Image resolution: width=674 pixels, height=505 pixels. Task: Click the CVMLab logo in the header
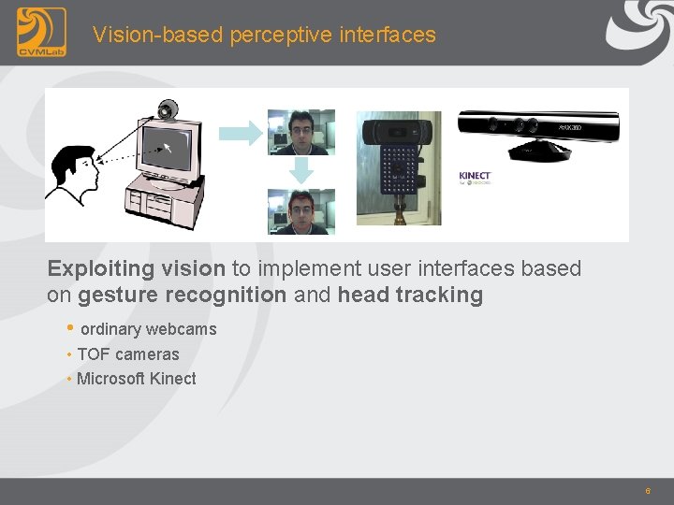[41, 32]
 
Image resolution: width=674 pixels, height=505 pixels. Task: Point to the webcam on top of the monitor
[168, 109]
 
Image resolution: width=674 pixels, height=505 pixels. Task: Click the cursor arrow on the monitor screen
[168, 147]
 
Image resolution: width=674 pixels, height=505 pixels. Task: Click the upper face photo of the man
[300, 132]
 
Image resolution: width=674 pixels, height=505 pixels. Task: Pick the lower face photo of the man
[300, 210]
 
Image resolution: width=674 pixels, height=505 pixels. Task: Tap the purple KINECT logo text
[475, 176]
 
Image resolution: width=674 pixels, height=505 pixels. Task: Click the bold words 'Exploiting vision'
[136, 269]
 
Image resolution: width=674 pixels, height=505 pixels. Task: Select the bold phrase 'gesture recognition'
[183, 296]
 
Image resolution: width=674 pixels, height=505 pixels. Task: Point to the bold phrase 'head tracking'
[410, 296]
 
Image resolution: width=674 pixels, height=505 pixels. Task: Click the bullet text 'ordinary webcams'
[148, 329]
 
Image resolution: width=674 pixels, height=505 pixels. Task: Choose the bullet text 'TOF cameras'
[127, 354]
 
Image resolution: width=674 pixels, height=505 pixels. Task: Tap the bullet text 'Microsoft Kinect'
[137, 379]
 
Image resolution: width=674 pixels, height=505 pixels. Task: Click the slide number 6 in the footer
[647, 491]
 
